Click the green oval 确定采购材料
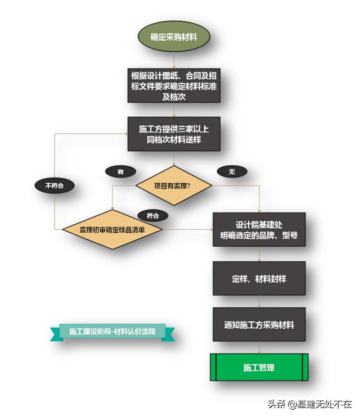tap(173, 38)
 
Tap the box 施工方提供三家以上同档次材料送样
tap(173, 134)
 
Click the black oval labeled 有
tap(120, 172)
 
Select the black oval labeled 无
tap(231, 172)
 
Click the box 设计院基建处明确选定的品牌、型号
tap(259, 229)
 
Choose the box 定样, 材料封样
tap(259, 278)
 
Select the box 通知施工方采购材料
tap(259, 325)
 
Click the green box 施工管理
tap(259, 368)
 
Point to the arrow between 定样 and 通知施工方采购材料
tap(259, 301)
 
